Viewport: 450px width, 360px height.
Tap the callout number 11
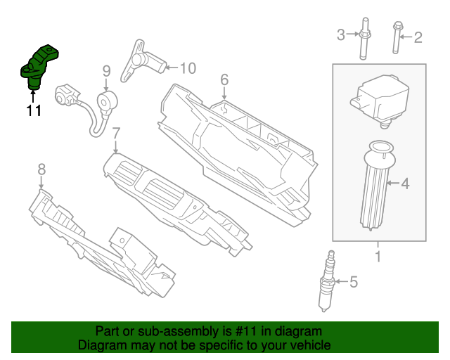34,110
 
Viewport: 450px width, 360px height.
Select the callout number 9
106,70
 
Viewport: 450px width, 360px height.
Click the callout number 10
188,68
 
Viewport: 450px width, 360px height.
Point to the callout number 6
224,80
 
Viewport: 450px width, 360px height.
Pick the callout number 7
116,132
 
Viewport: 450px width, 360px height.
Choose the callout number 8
41,169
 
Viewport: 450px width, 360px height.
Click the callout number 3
341,34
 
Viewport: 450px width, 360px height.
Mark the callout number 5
354,283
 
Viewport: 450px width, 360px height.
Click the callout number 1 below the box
378,257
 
